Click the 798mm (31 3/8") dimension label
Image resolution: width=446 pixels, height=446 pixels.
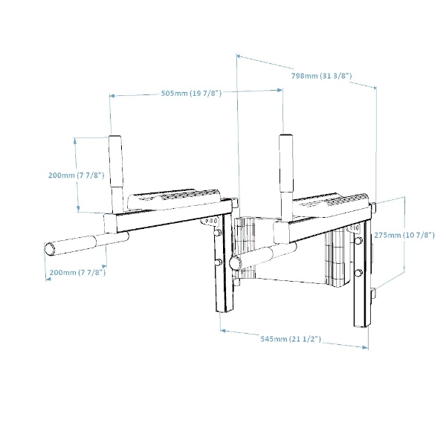tap(321, 76)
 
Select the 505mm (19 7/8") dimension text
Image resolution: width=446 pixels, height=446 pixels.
tap(191, 94)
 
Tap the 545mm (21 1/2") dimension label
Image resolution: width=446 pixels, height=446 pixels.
tap(291, 339)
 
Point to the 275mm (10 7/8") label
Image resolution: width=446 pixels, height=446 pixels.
tap(404, 235)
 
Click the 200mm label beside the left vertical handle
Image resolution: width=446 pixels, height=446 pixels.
tap(77, 175)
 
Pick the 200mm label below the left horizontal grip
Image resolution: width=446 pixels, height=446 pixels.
tap(77, 273)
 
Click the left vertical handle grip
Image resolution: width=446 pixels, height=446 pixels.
tap(116, 161)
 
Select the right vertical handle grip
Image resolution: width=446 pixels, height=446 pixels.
tap(286, 163)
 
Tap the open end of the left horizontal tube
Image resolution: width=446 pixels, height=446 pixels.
tap(50, 248)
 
